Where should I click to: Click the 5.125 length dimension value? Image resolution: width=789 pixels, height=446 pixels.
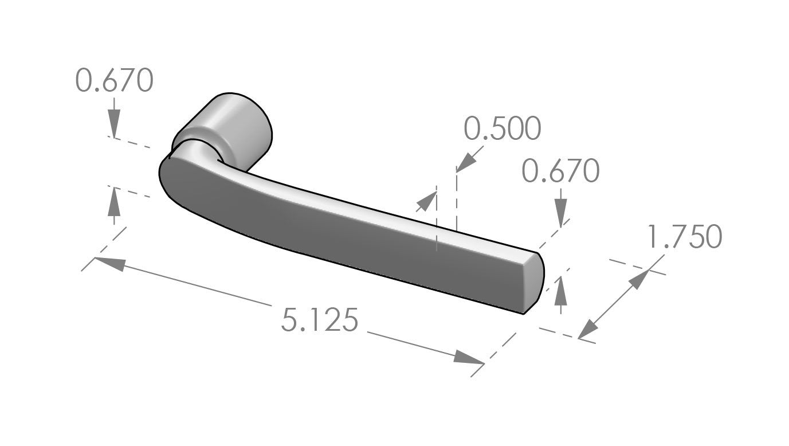click(x=319, y=320)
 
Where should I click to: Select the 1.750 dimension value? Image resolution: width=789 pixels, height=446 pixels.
click(x=684, y=237)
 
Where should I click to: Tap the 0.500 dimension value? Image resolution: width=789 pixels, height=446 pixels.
click(x=502, y=129)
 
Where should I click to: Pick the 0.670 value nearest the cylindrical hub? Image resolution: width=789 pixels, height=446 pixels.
click(x=115, y=80)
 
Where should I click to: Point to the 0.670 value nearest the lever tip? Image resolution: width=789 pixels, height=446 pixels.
click(x=561, y=171)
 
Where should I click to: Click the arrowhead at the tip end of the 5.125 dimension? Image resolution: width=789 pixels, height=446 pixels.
click(x=469, y=358)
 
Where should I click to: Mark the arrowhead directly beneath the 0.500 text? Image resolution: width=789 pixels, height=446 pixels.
click(x=467, y=161)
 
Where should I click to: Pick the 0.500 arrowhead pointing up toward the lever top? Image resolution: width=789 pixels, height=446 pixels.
click(x=426, y=201)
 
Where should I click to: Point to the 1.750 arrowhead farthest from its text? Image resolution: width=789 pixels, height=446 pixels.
click(x=590, y=329)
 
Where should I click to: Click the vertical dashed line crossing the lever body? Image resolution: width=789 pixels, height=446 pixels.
click(x=437, y=229)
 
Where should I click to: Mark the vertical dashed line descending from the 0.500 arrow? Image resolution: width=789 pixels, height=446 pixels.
click(x=456, y=201)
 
